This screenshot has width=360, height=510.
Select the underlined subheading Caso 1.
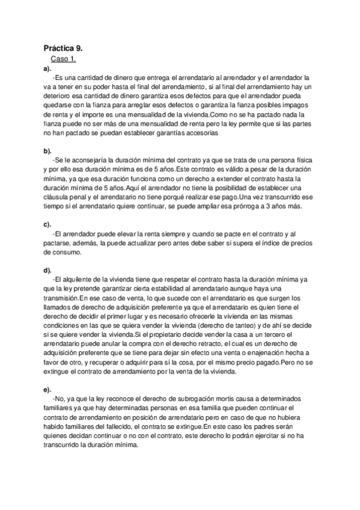[63, 60]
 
